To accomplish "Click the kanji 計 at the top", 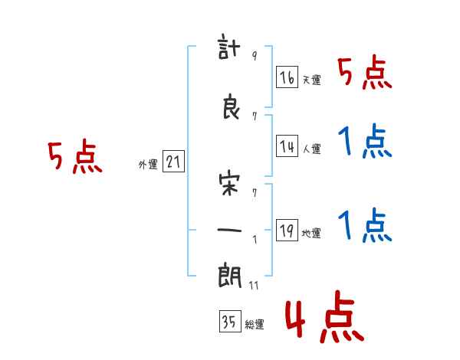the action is [x=229, y=47].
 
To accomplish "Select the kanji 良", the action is [x=231, y=106].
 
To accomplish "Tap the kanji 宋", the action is [x=229, y=185].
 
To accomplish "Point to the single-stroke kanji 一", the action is [x=229, y=230].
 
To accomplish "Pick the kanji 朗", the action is [x=230, y=276].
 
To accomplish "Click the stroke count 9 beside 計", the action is [x=255, y=55].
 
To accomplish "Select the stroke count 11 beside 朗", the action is [x=254, y=285].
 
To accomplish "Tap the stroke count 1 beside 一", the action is [x=255, y=240].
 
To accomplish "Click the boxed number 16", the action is [x=287, y=77].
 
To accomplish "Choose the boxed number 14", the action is [x=287, y=146].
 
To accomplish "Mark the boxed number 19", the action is [x=287, y=230].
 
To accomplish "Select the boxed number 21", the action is [x=173, y=161].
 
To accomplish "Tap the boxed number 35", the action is [x=230, y=321].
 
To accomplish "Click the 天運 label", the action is [x=312, y=80].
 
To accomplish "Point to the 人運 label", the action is [x=312, y=149].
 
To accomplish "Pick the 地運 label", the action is [x=311, y=234].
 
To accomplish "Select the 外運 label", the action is [x=148, y=165].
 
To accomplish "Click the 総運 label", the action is [x=255, y=325].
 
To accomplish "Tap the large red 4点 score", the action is [x=324, y=316].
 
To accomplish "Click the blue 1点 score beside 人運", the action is [x=365, y=141].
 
